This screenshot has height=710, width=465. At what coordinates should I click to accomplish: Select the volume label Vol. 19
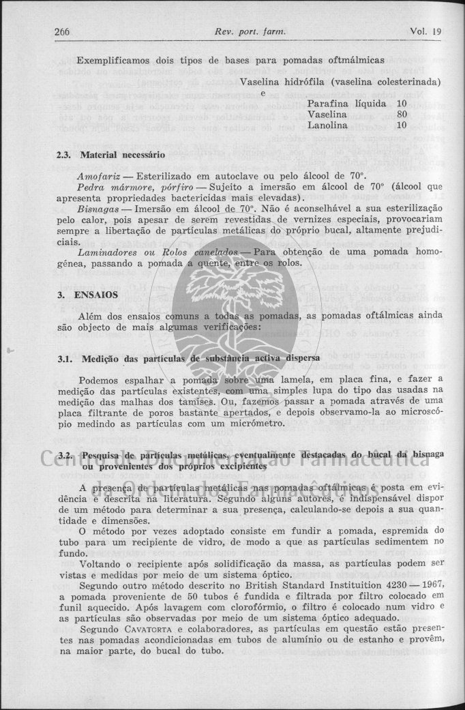[x=426, y=32]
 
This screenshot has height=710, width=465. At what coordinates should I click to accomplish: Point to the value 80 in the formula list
[x=402, y=115]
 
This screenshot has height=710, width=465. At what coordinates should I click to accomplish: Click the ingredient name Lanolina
[x=329, y=125]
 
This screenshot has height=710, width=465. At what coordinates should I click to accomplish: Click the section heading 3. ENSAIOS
[x=88, y=295]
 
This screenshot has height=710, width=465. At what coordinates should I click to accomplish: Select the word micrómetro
[x=249, y=424]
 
